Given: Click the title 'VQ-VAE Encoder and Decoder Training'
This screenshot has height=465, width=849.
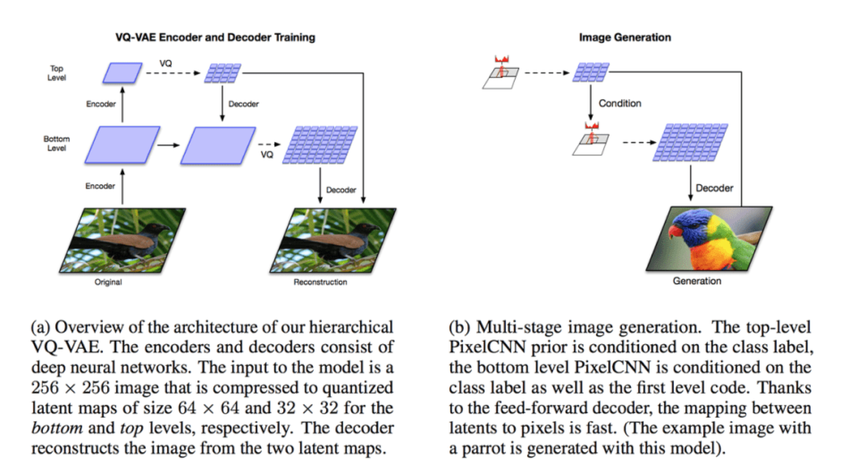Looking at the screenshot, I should (215, 37).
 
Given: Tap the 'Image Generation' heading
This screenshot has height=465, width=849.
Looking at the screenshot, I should (625, 37).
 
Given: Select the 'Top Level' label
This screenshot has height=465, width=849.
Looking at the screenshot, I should (56, 73).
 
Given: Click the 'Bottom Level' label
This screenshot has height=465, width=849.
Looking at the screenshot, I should (56, 143).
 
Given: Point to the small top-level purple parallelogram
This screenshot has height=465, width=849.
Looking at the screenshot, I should (122, 73).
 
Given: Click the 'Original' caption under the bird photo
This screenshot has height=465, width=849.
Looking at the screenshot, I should (108, 282).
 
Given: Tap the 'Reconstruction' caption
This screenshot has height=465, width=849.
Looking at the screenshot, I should (320, 282).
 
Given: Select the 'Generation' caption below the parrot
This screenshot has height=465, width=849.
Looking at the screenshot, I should (697, 281).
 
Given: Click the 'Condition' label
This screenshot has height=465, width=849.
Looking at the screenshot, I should (619, 103).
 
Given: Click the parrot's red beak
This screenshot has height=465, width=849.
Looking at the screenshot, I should (674, 231).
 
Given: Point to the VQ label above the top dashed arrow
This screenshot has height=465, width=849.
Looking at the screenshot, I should (165, 63).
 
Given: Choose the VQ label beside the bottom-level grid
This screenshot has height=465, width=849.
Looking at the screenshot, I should (267, 155).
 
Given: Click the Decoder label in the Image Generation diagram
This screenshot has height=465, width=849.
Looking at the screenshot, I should (714, 188).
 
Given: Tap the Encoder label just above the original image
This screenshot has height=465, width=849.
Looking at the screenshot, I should (100, 186).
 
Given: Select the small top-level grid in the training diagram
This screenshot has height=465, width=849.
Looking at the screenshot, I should (223, 73).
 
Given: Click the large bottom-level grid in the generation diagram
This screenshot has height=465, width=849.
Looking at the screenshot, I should (690, 142).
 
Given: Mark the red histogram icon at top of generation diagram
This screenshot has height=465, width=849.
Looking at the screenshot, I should (502, 60).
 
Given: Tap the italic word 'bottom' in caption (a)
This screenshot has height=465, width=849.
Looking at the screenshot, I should (57, 428).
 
